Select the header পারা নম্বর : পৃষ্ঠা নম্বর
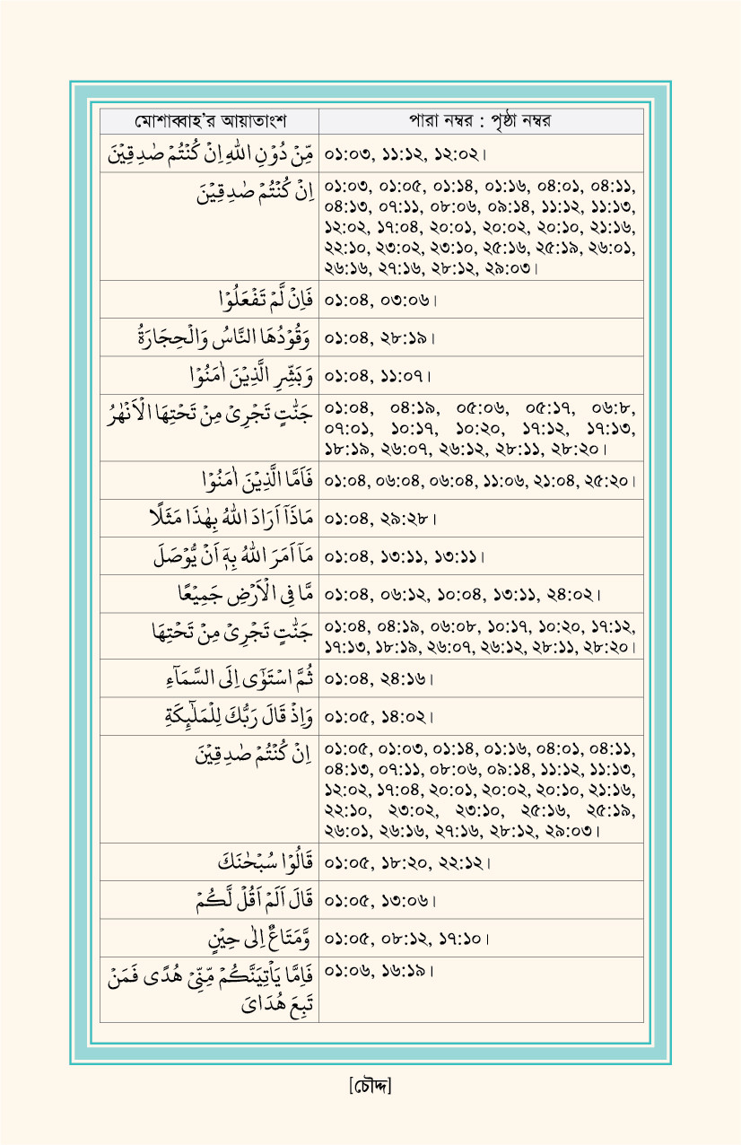point(481,121)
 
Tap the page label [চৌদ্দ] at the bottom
point(370,1086)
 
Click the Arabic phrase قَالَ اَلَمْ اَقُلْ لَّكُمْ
point(259,900)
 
